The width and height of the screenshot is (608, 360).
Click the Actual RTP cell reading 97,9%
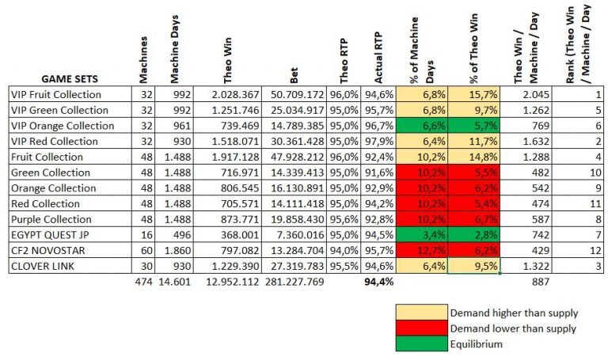click(378, 142)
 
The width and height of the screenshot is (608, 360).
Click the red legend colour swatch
click(422, 328)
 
